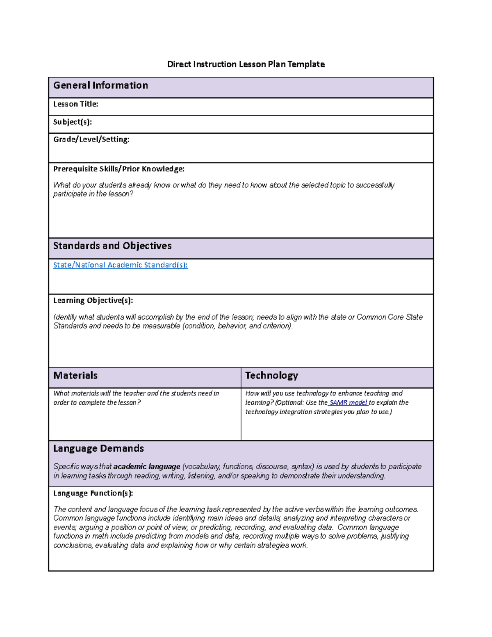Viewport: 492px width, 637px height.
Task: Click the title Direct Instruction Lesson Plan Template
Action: tap(246, 64)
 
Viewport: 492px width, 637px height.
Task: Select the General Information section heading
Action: tap(100, 85)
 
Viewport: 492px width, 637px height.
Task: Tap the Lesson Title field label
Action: tap(75, 104)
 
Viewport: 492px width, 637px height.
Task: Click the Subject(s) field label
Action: tap(72, 122)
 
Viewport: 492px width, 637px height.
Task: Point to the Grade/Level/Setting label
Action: tap(91, 139)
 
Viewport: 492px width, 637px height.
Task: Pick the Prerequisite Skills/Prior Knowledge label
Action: tap(118, 169)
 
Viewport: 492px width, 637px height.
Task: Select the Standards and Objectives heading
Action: tap(112, 246)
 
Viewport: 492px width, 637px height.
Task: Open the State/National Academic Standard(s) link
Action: tap(120, 265)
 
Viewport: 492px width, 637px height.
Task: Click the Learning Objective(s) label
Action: tap(93, 300)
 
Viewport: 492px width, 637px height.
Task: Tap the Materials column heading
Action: tap(75, 375)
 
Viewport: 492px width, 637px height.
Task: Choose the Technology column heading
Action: tap(271, 375)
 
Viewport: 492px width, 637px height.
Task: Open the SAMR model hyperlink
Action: tap(348, 403)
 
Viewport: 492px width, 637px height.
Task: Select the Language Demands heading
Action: tap(98, 448)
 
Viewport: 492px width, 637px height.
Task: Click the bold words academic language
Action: tap(146, 467)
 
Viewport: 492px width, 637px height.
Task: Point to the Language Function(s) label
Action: tap(93, 493)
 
